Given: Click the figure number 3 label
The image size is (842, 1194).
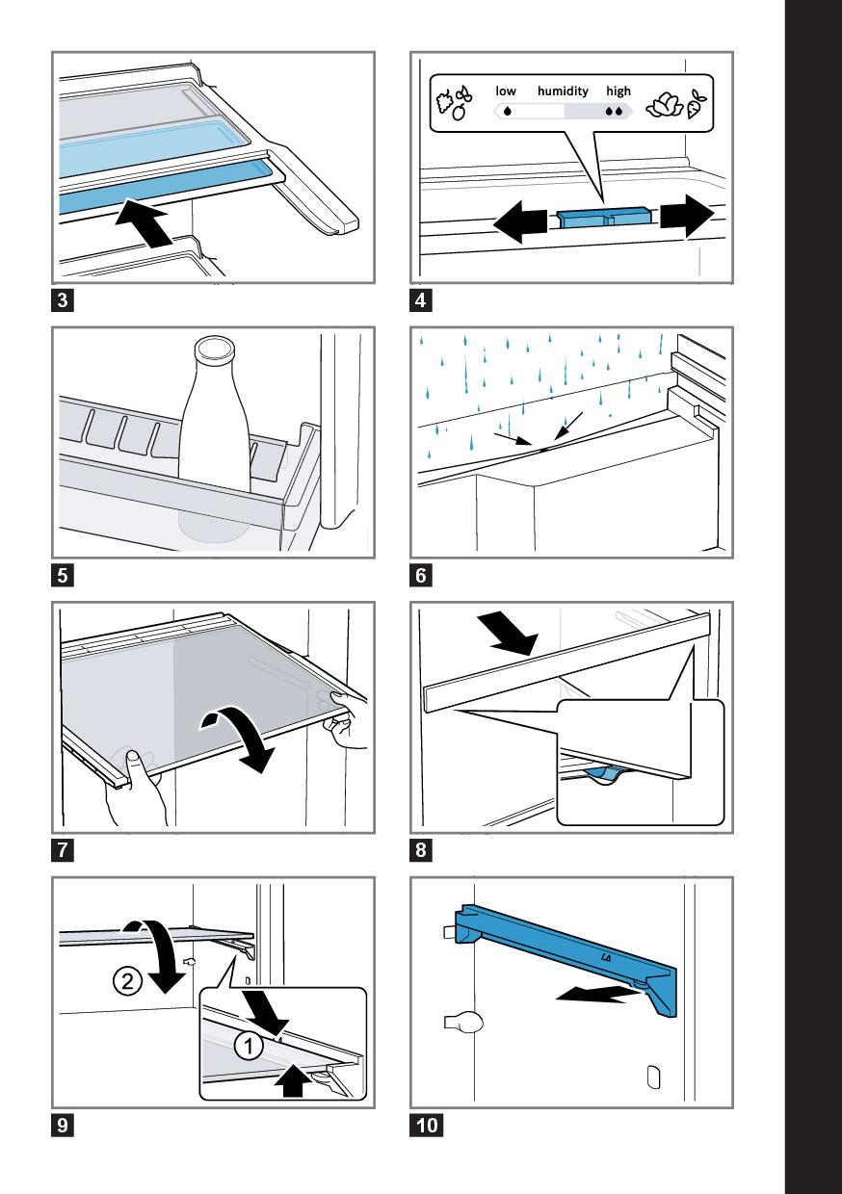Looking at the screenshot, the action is click(x=63, y=300).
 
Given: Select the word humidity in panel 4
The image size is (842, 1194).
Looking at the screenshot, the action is click(x=563, y=91).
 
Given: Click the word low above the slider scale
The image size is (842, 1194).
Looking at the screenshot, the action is click(x=506, y=91).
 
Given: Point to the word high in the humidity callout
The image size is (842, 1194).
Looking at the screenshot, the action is click(x=618, y=91).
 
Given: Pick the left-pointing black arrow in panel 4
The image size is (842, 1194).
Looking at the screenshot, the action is click(x=520, y=222).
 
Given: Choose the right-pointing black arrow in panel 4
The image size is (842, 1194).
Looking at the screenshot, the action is click(x=687, y=216).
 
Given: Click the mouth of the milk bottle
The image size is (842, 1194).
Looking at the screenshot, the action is click(x=215, y=348).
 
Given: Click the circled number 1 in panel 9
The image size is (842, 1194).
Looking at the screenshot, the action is click(x=249, y=1046).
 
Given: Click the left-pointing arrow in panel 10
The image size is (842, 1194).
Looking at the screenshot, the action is click(x=597, y=993).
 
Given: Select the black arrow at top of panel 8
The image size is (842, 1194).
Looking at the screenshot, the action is click(x=510, y=634).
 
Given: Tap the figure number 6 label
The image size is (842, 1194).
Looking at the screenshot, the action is click(x=421, y=576).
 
